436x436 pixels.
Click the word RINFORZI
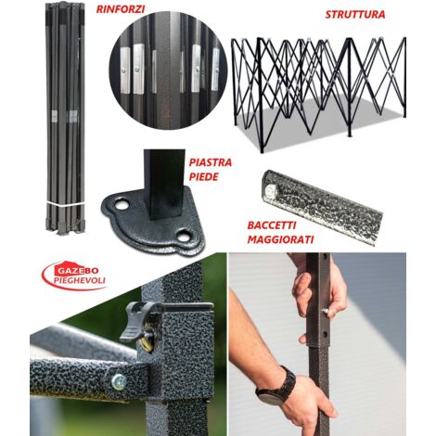coord(121,9)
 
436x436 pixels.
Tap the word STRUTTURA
coord(355,15)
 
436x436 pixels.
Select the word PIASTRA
coord(211,162)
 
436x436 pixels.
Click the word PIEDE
coord(203,177)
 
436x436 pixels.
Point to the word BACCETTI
coord(272,225)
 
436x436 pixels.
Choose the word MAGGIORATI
coord(280,239)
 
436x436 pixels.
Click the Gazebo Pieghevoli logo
coord(74,276)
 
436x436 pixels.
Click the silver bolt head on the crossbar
coord(118,382)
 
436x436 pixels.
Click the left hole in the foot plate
coord(122,204)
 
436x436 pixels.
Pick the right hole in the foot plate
coord(183,236)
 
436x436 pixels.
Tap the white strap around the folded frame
coord(65,204)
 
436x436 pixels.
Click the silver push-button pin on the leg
coord(327,311)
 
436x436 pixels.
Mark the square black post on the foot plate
coord(164,185)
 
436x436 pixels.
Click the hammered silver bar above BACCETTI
coord(322,207)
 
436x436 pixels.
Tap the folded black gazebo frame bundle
coord(65,118)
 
